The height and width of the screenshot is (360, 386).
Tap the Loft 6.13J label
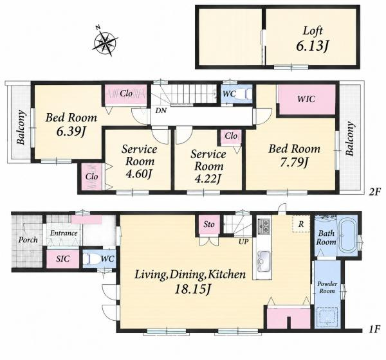313,39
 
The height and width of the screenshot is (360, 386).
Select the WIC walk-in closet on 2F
306,99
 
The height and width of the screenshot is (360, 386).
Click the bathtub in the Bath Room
347,235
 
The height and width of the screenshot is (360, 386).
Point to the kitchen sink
263,261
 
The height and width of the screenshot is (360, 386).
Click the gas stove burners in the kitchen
265,226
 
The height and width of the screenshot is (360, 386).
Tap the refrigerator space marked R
301,224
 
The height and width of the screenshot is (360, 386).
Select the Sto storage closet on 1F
209,224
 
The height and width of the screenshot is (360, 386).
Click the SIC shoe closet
63,259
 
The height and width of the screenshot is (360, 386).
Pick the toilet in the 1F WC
92,259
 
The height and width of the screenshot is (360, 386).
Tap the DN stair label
161,111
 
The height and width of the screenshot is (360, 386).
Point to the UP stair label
243,242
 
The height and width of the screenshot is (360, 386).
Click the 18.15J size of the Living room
192,289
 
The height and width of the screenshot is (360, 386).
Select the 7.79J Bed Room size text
294,163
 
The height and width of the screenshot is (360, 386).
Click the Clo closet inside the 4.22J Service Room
231,136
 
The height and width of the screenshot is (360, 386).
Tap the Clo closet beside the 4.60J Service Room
92,176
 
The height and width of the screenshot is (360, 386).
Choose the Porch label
28,240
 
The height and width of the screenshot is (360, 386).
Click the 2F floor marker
374,192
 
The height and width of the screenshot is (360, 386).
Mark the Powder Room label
327,287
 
